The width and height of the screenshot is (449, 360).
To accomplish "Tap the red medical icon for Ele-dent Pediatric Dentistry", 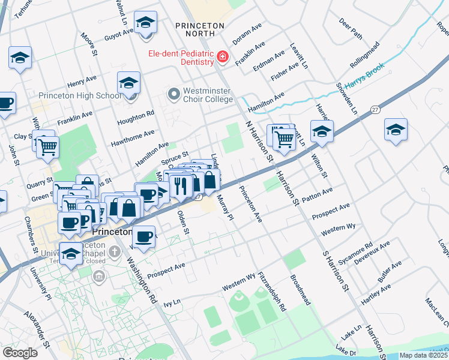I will (223, 57).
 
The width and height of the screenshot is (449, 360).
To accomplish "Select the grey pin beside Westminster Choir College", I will (174, 94).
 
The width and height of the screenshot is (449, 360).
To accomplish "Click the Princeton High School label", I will (79, 96).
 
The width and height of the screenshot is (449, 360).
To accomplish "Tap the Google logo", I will (20, 353).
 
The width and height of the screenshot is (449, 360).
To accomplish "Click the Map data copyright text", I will (423, 355).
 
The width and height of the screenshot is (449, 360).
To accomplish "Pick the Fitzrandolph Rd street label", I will (273, 292).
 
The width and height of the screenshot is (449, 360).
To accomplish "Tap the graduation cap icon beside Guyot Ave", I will (145, 23).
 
